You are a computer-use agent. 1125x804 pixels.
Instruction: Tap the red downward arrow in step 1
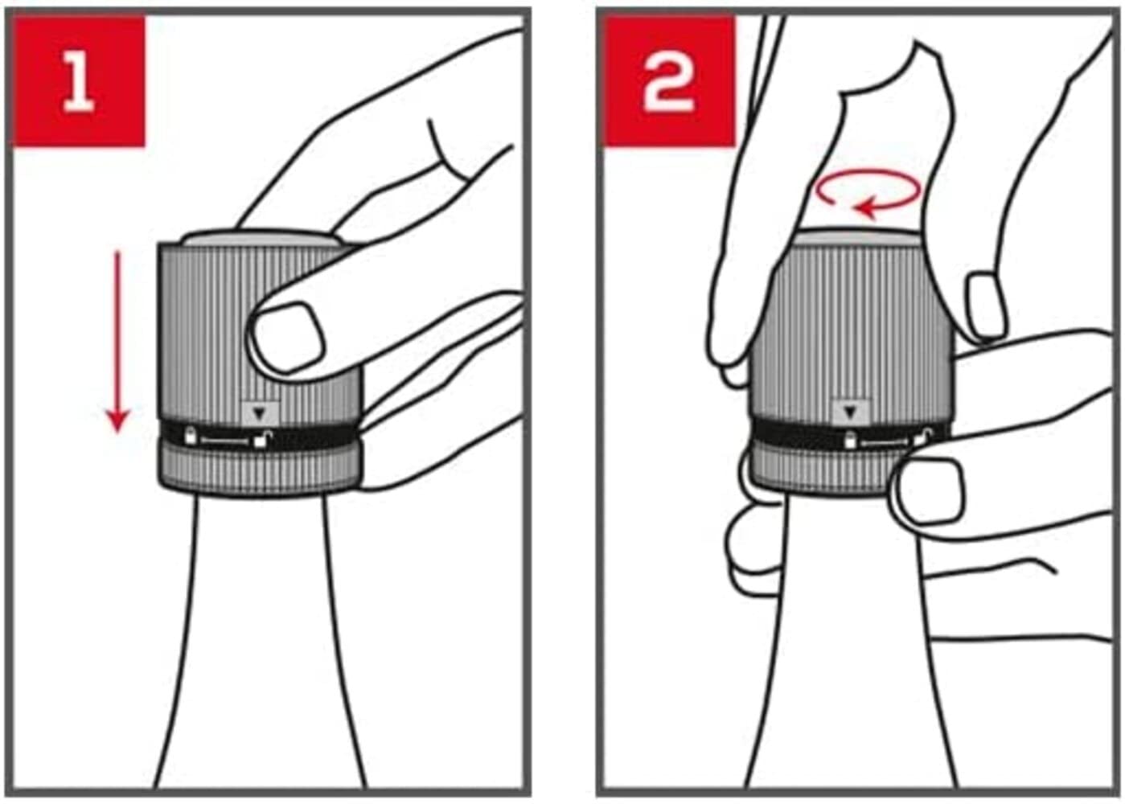(118, 341)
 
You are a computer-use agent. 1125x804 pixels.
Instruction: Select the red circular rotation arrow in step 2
(868, 194)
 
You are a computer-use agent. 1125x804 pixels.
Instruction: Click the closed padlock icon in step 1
(191, 436)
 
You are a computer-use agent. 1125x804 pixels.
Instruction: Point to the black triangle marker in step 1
(260, 413)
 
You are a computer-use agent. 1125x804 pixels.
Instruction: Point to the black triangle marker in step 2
(850, 412)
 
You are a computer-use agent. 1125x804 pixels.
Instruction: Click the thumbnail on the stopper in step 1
(287, 337)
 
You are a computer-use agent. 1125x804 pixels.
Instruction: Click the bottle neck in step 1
(261, 643)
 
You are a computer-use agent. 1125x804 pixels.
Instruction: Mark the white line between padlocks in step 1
(225, 441)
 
